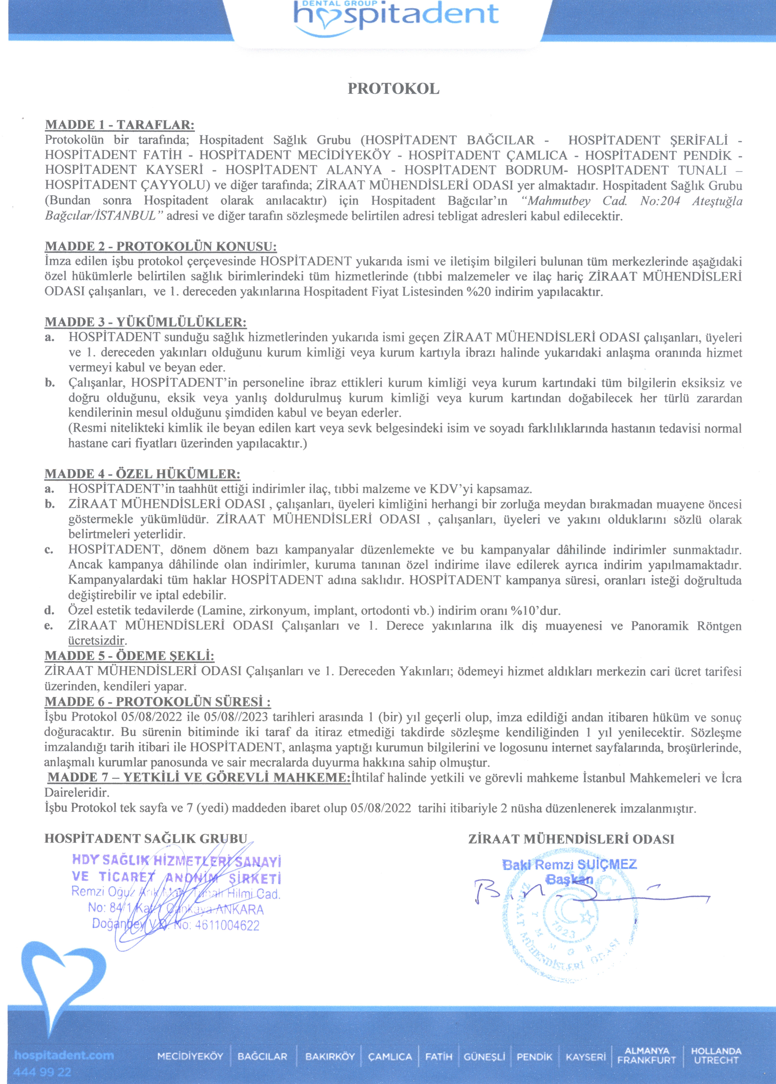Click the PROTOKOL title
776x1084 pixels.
tap(393, 89)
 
